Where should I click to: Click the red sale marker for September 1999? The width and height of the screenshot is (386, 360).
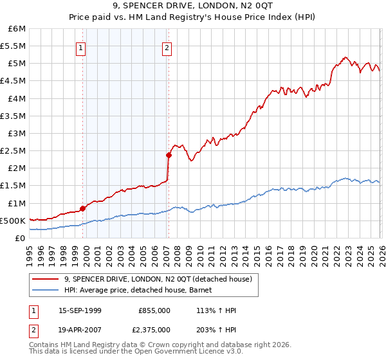point(82,208)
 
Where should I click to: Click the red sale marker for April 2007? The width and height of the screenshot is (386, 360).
point(169,155)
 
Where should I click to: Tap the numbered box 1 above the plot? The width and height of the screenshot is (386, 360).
point(80,47)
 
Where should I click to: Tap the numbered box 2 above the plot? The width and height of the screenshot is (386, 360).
point(167,47)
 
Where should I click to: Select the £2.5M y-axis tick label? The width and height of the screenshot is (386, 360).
point(13,150)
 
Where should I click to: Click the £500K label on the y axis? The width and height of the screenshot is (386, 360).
point(12,221)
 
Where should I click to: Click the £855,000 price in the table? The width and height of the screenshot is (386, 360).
point(154,310)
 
